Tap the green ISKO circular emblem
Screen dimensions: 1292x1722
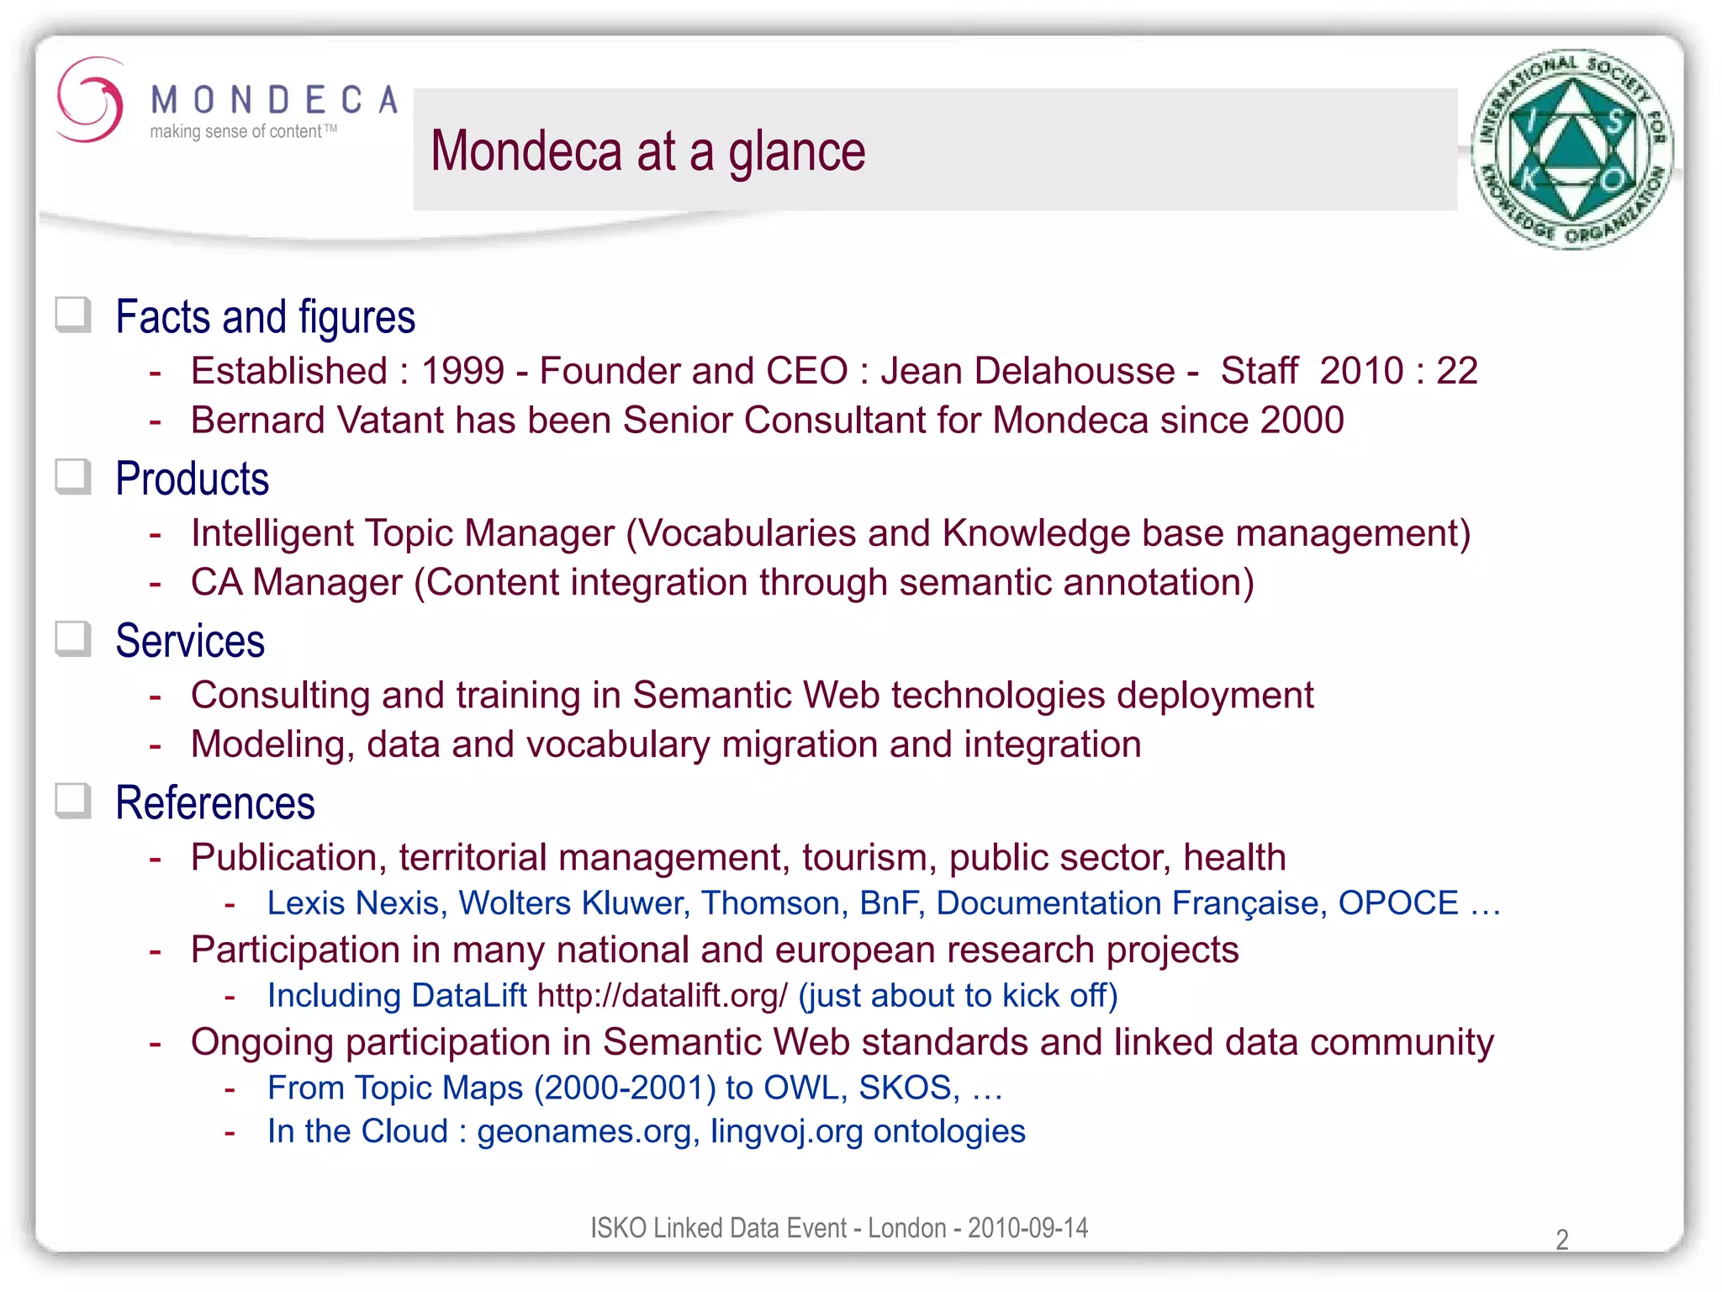1571,150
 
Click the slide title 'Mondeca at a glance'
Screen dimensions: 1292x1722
647,151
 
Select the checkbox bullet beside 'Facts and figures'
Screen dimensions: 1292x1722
73,315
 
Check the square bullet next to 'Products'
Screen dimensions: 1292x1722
73,478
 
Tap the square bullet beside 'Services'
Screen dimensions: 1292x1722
73,639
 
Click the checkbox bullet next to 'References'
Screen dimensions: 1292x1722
73,802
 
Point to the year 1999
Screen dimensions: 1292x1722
462,371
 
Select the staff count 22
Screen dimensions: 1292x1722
1456,371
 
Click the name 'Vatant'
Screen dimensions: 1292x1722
390,421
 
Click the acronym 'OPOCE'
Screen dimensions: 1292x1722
1397,903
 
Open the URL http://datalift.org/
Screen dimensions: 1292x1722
662,996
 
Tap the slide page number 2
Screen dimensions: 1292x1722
1561,1239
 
